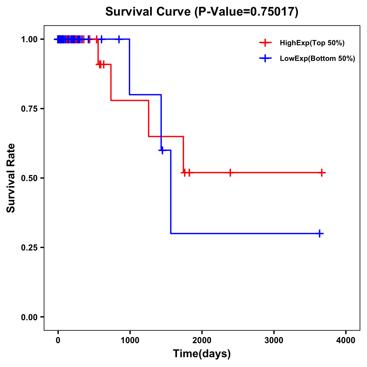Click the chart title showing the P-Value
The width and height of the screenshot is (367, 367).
[202, 12]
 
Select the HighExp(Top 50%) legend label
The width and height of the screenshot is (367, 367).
[312, 43]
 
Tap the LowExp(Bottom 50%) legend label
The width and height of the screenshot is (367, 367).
[317, 58]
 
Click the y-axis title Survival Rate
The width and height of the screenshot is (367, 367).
[11, 178]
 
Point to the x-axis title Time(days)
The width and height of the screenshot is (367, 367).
[202, 354]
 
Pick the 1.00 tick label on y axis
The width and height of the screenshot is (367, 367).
[29, 39]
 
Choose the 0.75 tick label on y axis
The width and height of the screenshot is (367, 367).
[29, 109]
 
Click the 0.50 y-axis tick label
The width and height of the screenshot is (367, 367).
[29, 178]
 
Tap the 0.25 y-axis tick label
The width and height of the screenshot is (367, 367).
[29, 247]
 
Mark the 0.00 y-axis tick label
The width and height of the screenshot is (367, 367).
[29, 317]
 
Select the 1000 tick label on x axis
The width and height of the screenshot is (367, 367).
[130, 340]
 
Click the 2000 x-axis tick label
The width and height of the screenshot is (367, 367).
[202, 340]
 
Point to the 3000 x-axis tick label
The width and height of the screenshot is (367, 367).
[274, 340]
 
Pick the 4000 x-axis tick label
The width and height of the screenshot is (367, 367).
[346, 340]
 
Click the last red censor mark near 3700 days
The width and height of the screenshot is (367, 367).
[322, 173]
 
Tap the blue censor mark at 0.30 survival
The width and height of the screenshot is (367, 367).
[319, 234]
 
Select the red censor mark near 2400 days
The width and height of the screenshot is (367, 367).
[230, 173]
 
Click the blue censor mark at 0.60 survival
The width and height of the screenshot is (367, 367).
[162, 150]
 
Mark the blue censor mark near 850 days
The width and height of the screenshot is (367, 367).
[119, 39]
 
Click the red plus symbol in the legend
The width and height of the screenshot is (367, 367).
[265, 43]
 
